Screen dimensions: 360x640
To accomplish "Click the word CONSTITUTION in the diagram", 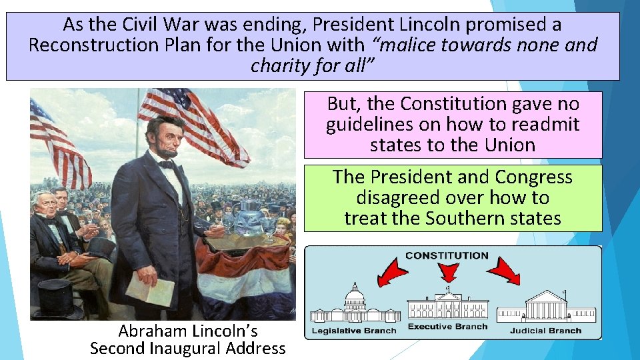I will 447,255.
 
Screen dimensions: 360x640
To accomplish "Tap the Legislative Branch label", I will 353,331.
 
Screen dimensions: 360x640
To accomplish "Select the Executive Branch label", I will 447,327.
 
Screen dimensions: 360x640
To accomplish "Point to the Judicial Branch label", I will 545,331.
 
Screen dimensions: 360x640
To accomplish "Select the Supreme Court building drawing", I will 546,308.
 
